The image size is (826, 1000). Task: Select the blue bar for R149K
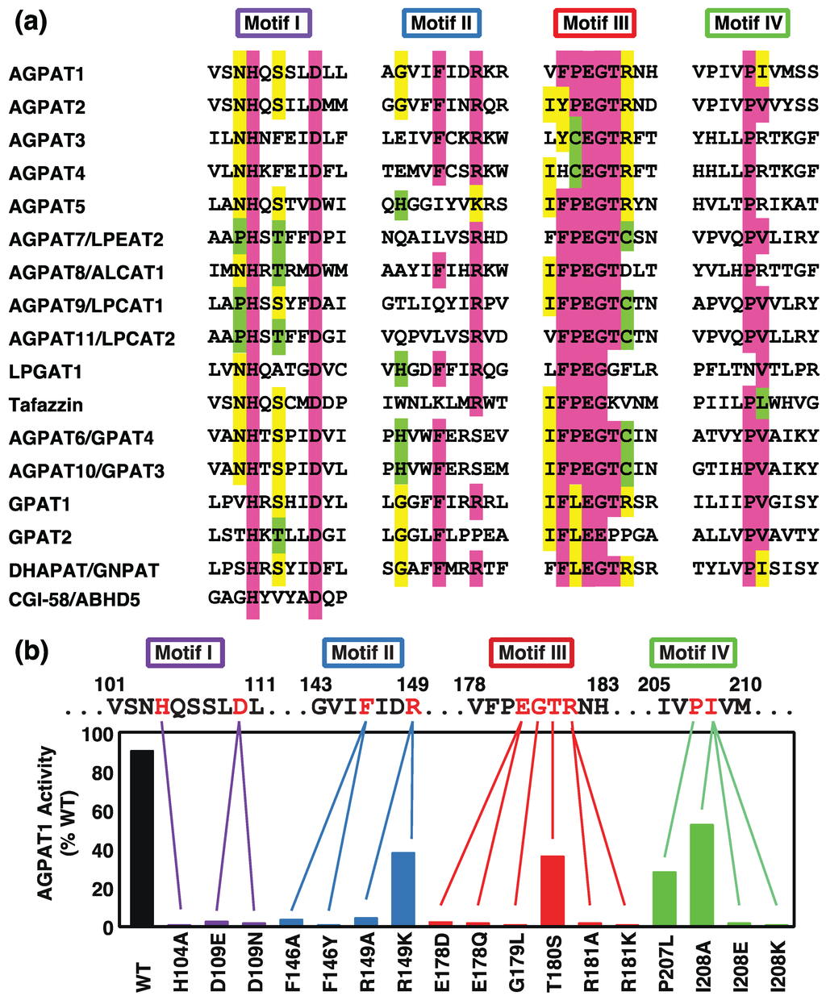(403, 889)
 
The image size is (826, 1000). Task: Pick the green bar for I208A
(702, 874)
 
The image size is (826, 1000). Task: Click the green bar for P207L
(665, 898)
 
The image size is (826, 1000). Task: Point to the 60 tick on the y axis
(102, 811)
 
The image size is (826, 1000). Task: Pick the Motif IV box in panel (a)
(747, 23)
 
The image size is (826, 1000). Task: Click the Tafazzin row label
(46, 405)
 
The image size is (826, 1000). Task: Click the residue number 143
(316, 685)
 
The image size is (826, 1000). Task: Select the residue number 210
(745, 685)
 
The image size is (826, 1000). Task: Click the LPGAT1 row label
(46, 373)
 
